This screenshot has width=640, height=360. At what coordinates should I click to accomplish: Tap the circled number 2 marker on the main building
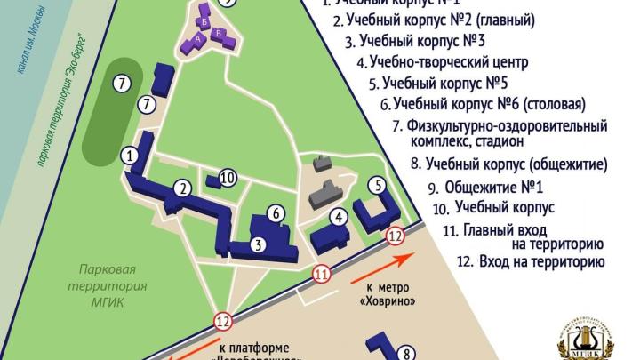(182, 188)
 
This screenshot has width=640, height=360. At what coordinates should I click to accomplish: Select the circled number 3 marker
(256, 244)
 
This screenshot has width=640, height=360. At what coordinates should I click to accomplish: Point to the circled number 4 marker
(338, 217)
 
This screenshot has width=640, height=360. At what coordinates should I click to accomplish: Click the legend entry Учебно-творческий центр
(442, 62)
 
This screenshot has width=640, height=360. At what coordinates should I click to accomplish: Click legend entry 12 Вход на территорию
(530, 262)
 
